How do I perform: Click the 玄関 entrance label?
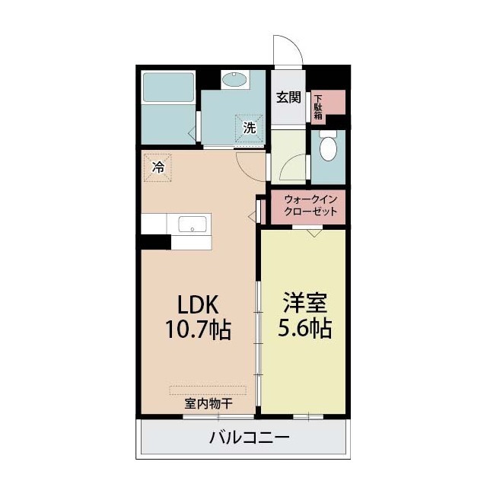point(288,98)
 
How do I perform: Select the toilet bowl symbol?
point(328,148)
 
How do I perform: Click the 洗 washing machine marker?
point(249,128)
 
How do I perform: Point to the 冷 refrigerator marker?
point(158,167)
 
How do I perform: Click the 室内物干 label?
point(207,403)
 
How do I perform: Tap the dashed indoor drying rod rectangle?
point(208,390)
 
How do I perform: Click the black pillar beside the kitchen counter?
point(155,242)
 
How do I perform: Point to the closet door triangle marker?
point(314,233)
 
